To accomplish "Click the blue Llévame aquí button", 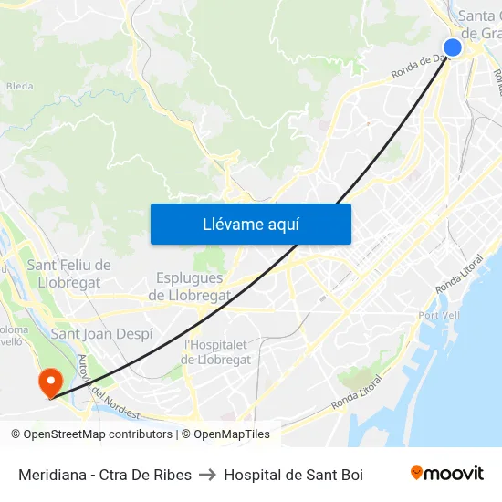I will click(250, 224).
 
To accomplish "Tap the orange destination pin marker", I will click(49, 381).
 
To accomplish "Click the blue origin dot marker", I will click(453, 47).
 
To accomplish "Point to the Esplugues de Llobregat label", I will click(189, 287).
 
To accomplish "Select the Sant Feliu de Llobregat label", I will click(68, 274).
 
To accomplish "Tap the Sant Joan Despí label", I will click(101, 334).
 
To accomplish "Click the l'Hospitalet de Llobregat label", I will click(217, 351).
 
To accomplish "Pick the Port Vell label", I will click(435, 316).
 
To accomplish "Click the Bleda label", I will click(19, 87).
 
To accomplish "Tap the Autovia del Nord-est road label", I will click(108, 387).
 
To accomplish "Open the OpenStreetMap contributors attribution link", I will click(91, 434).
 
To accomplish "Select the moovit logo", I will click(447, 474).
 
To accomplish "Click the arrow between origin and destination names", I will click(207, 475).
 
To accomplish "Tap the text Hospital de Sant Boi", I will click(293, 475).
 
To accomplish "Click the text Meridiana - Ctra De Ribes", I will click(105, 475).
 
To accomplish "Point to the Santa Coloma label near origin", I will click(477, 25).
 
